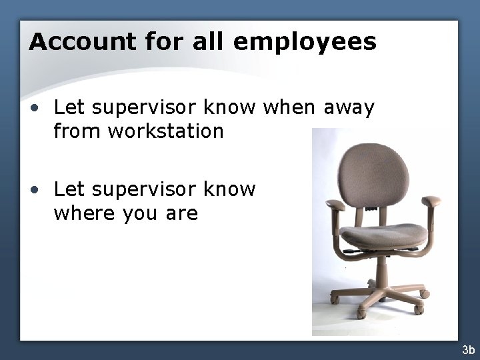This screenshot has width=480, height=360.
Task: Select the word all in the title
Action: pyautogui.click(x=210, y=42)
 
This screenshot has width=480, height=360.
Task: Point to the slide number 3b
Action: pyautogui.click(x=468, y=349)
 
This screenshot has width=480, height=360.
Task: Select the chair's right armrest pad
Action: pyautogui.click(x=431, y=200)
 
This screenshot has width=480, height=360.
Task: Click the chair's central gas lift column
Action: pyautogui.click(x=381, y=270)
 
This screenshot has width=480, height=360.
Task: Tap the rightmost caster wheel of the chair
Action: pyautogui.click(x=425, y=293)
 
